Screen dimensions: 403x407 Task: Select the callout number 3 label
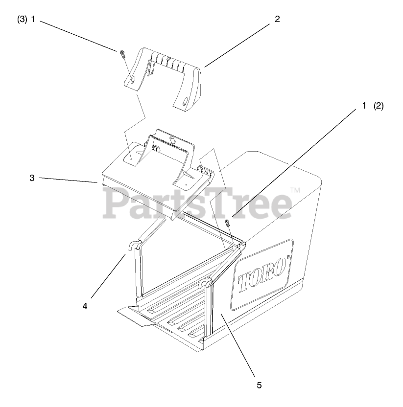[32, 178]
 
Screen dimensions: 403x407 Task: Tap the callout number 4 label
[85, 306]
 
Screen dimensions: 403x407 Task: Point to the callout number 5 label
[259, 385]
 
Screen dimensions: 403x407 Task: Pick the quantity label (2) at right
[379, 106]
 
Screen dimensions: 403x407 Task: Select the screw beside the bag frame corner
[227, 224]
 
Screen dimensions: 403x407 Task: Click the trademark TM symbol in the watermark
[295, 190]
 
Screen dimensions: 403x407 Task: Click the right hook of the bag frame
[206, 284]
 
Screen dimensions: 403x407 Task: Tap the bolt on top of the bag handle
[172, 139]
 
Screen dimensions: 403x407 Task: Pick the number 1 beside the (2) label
[364, 106]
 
